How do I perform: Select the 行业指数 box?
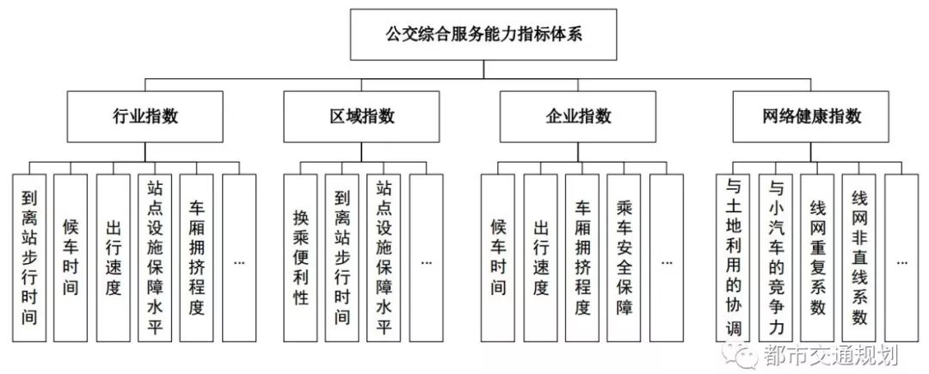[x=146, y=116]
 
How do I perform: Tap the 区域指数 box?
[x=362, y=116]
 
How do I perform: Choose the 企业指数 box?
[x=578, y=116]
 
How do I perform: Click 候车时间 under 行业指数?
[x=71, y=258]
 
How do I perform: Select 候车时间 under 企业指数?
[x=497, y=258]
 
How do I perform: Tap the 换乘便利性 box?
[x=300, y=258]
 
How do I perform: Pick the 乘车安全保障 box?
[x=624, y=258]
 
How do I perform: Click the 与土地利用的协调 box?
[x=733, y=258]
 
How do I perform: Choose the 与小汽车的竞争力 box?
[x=775, y=258]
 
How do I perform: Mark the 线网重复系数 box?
[x=817, y=258]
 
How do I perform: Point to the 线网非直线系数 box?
[x=859, y=258]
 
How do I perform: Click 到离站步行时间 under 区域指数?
[x=342, y=258]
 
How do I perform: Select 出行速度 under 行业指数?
[x=113, y=258]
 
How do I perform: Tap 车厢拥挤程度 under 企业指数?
[x=581, y=258]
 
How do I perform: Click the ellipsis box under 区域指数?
[x=427, y=258]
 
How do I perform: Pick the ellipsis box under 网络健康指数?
[x=901, y=258]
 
